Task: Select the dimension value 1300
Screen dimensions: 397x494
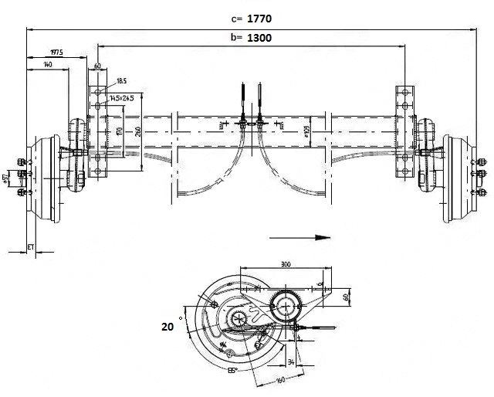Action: [258, 37]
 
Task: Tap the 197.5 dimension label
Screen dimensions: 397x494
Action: [56, 53]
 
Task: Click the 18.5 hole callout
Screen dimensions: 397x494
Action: [122, 80]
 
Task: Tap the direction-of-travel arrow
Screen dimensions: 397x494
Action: [301, 239]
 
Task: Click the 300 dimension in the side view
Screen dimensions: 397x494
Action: [286, 264]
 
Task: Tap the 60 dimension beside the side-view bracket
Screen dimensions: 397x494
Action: [346, 295]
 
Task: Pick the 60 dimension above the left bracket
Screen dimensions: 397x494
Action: [98, 66]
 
